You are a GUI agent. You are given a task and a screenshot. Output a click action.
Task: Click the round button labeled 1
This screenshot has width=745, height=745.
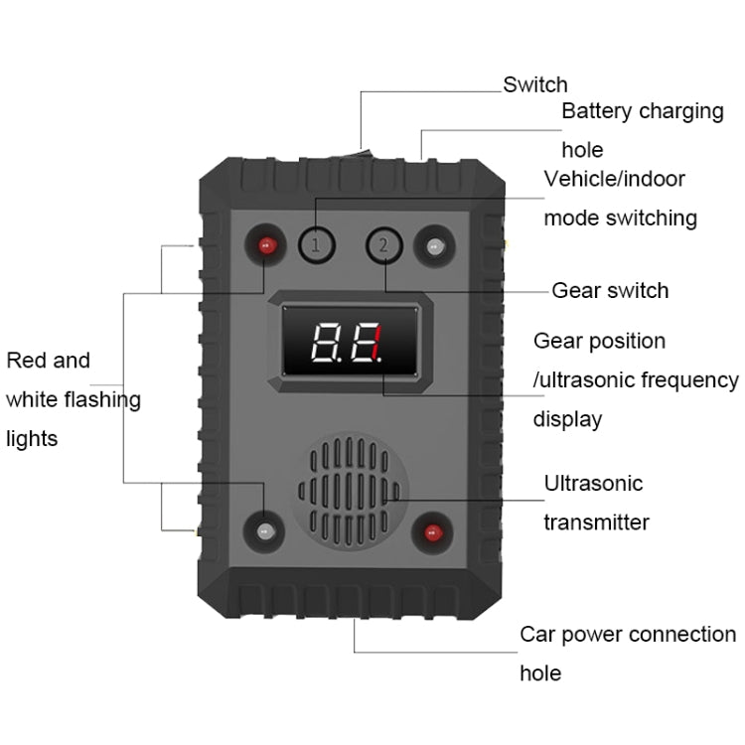316,244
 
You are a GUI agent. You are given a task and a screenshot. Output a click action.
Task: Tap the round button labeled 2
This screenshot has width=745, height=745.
383,244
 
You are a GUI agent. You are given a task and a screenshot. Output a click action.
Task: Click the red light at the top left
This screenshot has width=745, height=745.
265,245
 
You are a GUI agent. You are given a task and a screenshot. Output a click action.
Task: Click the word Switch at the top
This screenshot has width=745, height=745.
535,84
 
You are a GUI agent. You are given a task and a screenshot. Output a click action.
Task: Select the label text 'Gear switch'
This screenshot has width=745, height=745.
610,290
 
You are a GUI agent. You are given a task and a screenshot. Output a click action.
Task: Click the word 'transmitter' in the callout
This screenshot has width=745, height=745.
596,522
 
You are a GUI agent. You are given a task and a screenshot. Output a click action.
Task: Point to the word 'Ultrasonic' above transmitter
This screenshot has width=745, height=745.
593,484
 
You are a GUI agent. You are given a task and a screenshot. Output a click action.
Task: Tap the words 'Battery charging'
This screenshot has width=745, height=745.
643,110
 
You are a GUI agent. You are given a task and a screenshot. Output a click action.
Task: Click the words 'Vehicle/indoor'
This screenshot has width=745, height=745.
614,179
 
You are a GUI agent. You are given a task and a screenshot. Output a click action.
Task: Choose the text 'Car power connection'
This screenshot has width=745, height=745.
628,634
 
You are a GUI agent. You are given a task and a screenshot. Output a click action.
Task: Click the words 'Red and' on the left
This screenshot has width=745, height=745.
48,361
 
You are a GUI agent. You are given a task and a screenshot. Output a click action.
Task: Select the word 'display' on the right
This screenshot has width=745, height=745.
567,419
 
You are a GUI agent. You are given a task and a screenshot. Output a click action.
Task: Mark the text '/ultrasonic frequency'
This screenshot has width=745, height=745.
636,379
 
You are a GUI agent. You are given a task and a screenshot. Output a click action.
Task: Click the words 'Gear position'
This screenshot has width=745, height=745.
599,341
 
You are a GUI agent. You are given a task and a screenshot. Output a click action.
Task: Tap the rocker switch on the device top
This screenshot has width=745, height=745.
366,154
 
